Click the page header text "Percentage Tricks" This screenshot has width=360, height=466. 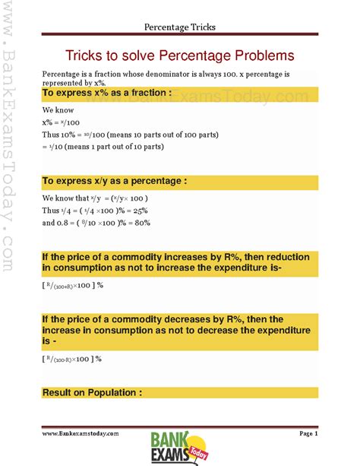pos(180,27)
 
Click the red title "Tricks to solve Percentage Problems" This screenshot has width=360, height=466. pos(179,56)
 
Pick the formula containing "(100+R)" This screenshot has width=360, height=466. pos(72,285)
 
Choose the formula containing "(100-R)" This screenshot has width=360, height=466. pos(72,358)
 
